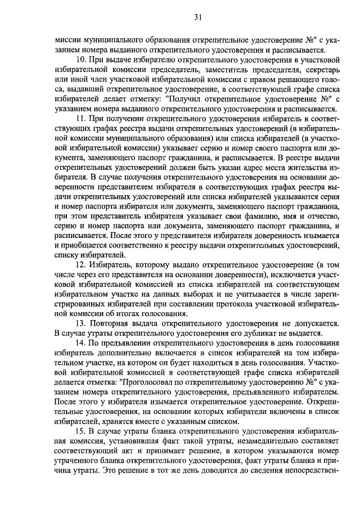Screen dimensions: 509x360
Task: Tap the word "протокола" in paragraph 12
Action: point(220,303)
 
